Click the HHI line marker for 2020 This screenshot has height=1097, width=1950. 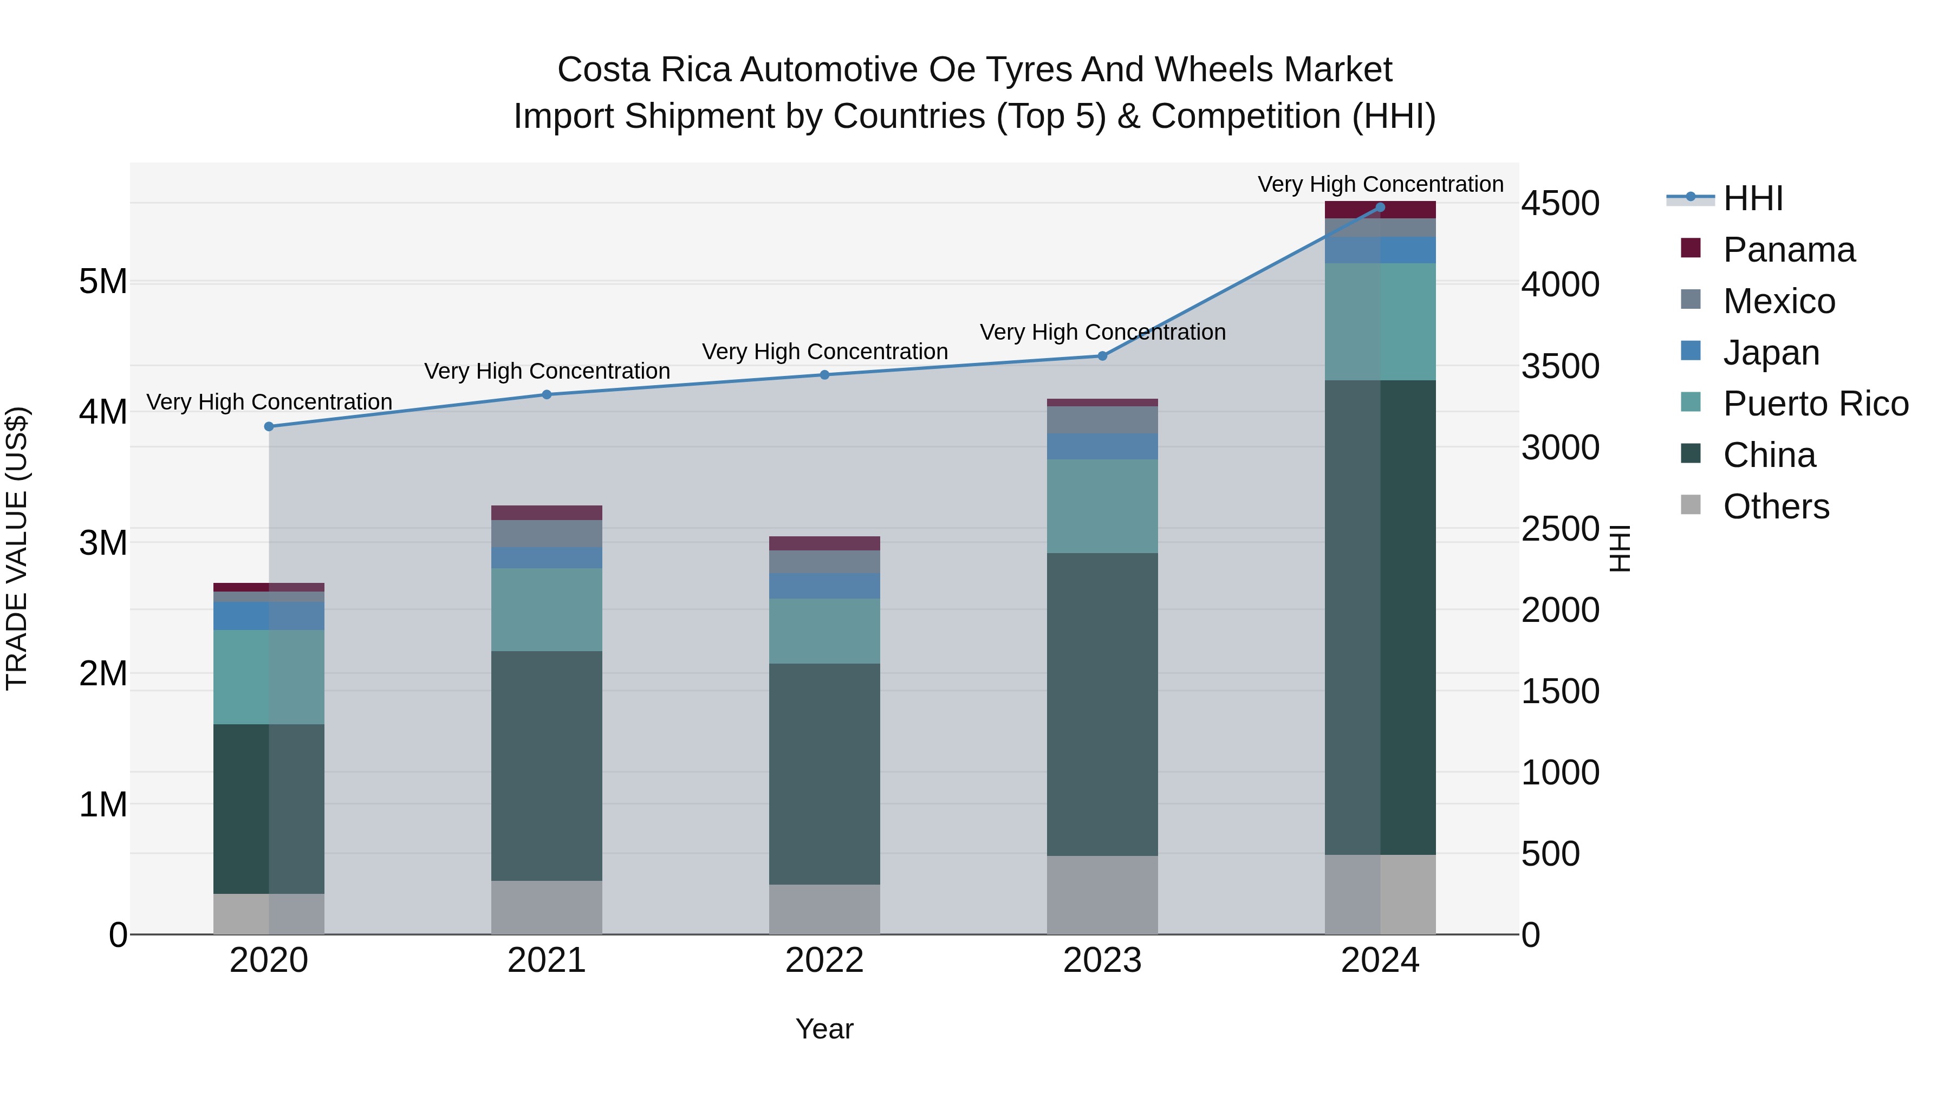[269, 426]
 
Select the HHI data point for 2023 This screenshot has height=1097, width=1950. [1102, 356]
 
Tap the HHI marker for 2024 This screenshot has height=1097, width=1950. [1380, 207]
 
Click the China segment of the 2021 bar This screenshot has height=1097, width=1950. [547, 764]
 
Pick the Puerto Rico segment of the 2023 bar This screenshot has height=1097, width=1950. [1102, 506]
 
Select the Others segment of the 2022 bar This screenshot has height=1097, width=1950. [824, 908]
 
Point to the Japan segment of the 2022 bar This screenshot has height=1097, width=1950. [824, 586]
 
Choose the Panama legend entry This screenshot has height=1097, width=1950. [1789, 250]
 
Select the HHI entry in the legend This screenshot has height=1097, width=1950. [1752, 198]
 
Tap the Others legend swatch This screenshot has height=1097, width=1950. [1691, 505]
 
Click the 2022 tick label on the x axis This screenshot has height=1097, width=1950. [824, 960]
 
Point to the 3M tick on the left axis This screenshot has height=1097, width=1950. [103, 543]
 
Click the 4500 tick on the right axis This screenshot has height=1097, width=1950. [1560, 204]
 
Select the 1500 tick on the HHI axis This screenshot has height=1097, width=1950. [1560, 691]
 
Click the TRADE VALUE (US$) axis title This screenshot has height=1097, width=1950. [17, 548]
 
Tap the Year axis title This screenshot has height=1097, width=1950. [824, 1029]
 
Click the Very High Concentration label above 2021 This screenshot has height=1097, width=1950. [547, 371]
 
